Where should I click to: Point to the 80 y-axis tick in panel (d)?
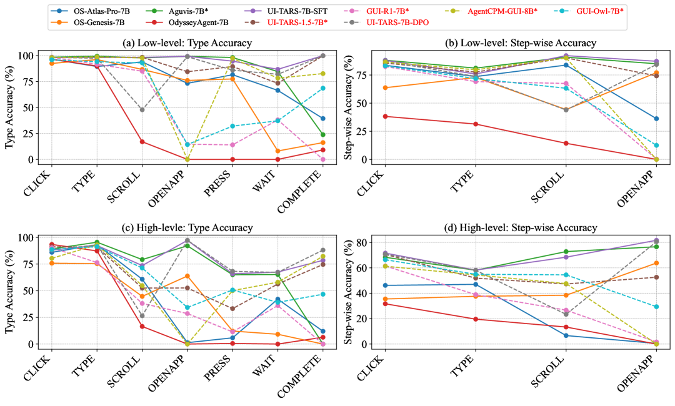[359, 242]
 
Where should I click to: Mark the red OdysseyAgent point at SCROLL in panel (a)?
[142, 142]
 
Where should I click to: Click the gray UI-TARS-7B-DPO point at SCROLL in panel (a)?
[142, 110]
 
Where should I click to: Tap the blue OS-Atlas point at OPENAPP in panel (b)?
[656, 119]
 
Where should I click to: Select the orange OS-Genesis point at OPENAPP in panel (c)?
[187, 276]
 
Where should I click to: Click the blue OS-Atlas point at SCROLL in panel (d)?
[566, 335]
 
